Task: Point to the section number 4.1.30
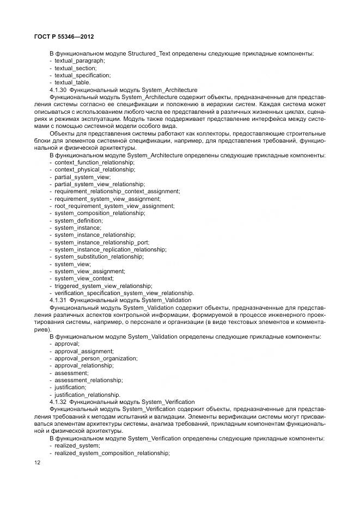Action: [x=58, y=90]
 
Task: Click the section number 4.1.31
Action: [x=58, y=300]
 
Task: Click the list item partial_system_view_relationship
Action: [x=99, y=184]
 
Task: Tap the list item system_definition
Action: [x=78, y=220]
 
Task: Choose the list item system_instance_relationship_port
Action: [x=102, y=242]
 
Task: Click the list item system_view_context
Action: [x=84, y=278]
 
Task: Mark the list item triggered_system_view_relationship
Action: [x=103, y=285]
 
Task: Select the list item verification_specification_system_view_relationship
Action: [x=124, y=292]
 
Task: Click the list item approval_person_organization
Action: [x=96, y=358]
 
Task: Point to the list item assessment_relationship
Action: [x=88, y=379]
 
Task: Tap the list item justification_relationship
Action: [x=87, y=394]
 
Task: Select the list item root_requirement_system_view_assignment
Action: [x=114, y=206]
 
